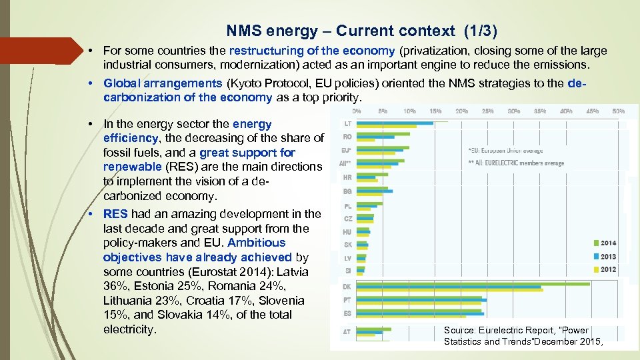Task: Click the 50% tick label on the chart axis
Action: tap(618, 111)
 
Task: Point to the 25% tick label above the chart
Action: tap(487, 111)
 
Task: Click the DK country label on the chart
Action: tap(347, 286)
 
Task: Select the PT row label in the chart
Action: tap(347, 299)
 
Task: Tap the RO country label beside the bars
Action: tap(347, 137)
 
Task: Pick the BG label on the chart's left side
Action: tap(347, 191)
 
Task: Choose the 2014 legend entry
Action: tap(608, 243)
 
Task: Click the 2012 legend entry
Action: tap(608, 269)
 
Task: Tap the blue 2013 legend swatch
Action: tap(594, 257)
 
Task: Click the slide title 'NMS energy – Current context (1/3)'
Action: tap(362, 31)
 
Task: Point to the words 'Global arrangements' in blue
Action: tap(163, 83)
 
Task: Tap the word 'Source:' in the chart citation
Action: tap(459, 330)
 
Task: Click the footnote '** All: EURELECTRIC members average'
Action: tap(516, 163)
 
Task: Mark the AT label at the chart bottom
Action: tap(347, 331)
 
